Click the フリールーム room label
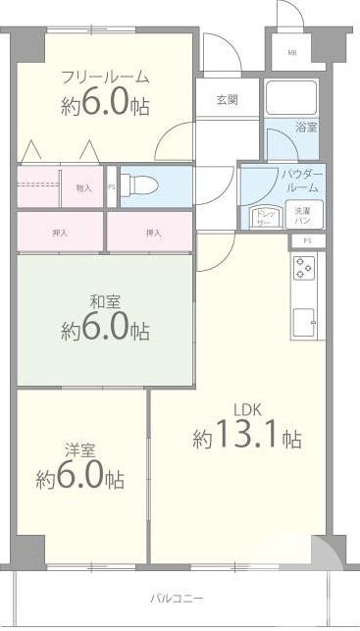105,77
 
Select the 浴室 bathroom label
305,127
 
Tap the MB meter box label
292,52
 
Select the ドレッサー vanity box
263,215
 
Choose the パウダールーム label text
301,180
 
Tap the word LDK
247,408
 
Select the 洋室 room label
79,449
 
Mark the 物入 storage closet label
84,188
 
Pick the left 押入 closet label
60,233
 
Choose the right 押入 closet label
152,233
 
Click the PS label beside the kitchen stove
307,241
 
